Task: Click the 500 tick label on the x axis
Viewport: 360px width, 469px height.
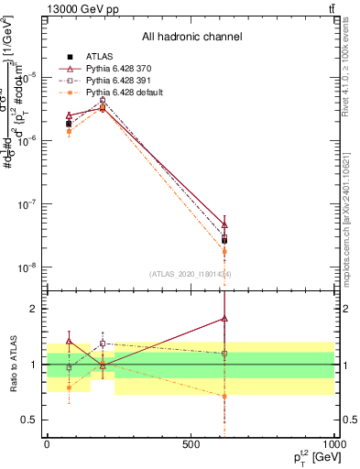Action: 190,444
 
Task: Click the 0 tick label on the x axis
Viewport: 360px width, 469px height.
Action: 47,444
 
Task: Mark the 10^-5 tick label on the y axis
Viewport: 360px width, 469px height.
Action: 29,76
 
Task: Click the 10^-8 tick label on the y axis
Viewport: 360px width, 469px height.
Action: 29,267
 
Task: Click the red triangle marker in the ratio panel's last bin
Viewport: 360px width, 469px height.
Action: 224,319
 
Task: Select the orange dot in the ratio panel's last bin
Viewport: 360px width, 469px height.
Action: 224,396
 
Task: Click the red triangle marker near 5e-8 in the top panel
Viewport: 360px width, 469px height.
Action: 224,224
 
